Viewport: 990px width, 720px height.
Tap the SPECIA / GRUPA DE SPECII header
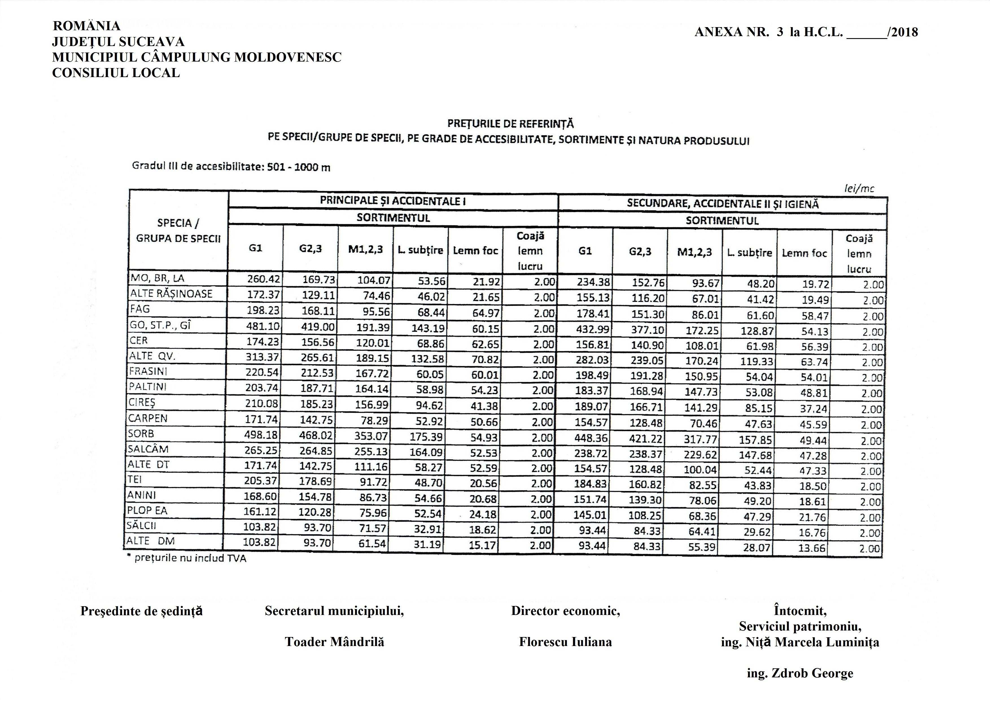[x=178, y=230]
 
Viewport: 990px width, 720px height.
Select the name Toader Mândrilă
[x=334, y=642]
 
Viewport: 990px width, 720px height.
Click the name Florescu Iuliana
[x=565, y=642]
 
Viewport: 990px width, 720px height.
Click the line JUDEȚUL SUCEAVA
[x=118, y=42]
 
